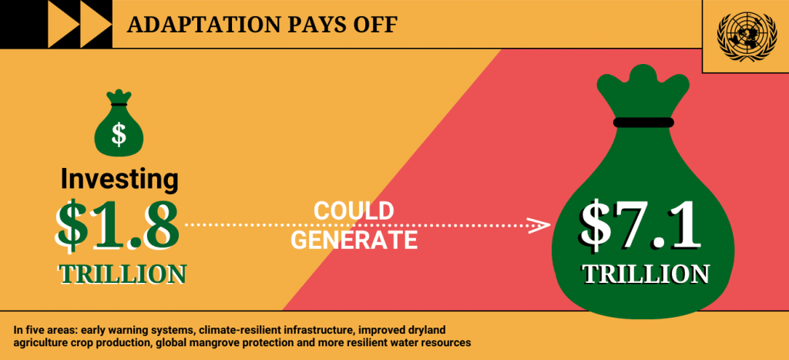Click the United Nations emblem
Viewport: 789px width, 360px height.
746,37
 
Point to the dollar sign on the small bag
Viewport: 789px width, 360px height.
119,134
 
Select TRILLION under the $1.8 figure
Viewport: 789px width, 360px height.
123,274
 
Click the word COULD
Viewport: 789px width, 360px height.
353,211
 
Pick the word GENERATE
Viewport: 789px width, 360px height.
354,241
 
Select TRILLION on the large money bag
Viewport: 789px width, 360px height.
646,274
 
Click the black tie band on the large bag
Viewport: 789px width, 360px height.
643,123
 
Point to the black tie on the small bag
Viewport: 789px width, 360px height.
119,104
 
